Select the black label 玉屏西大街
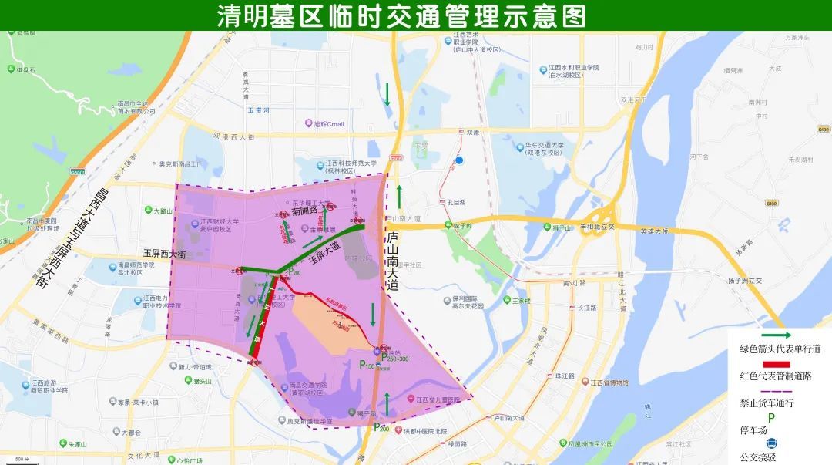[165, 252]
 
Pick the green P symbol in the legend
[771, 417]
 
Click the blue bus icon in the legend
[772, 443]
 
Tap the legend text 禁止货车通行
[767, 403]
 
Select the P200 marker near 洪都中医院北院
[384, 427]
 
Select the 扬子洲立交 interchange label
[743, 281]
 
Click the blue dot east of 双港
[459, 160]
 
